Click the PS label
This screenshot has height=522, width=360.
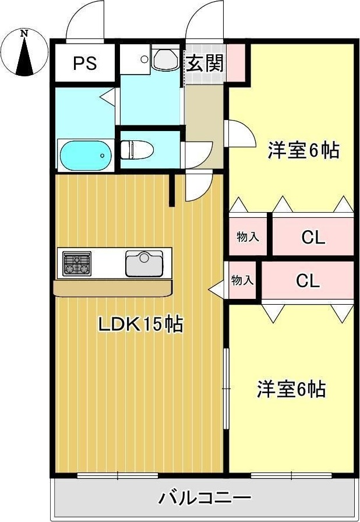click(x=85, y=63)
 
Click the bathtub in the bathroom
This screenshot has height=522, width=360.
click(x=86, y=156)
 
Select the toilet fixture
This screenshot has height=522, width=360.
click(x=137, y=150)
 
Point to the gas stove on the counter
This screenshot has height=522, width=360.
click(x=77, y=263)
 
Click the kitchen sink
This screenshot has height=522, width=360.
click(x=144, y=263)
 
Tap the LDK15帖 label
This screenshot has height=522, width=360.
click(x=140, y=325)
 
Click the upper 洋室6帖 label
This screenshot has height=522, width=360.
click(x=303, y=150)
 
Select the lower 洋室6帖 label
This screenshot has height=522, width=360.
click(x=291, y=389)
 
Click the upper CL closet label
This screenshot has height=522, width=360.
click(x=313, y=237)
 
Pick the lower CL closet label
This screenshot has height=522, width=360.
click(x=308, y=280)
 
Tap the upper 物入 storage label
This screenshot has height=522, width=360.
click(x=248, y=237)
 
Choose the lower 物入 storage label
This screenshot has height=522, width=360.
click(x=242, y=280)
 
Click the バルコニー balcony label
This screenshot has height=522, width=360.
click(x=204, y=498)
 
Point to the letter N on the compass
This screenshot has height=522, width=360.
click(x=24, y=33)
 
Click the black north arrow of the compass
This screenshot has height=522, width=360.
click(x=25, y=55)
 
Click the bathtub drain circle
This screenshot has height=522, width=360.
click(x=103, y=156)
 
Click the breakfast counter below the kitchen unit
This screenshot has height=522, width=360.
click(x=113, y=288)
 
